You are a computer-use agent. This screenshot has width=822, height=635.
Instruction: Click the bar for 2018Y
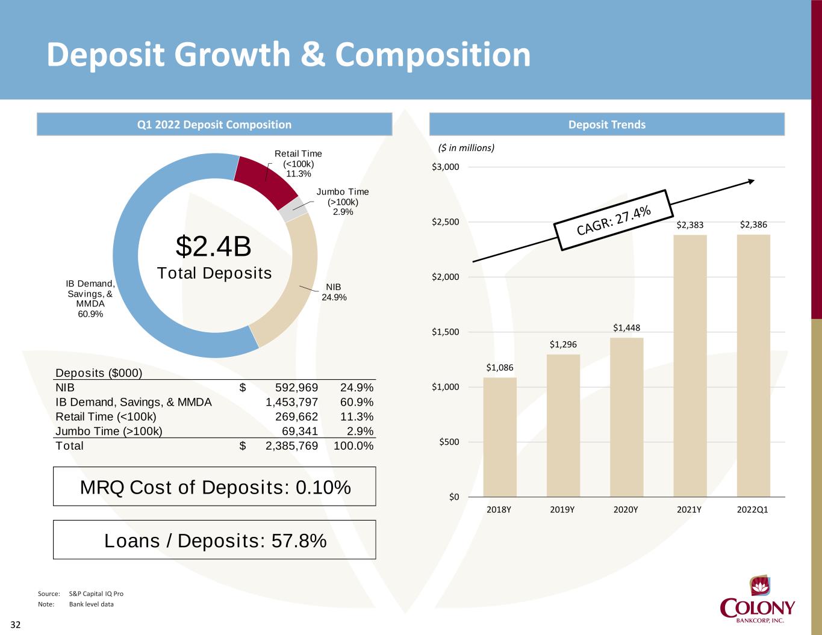(x=499, y=437)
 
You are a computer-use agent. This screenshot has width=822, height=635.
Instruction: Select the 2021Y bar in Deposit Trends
(x=690, y=365)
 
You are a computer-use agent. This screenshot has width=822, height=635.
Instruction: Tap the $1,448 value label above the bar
(x=626, y=328)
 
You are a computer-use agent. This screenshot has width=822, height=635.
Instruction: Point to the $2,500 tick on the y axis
(x=446, y=222)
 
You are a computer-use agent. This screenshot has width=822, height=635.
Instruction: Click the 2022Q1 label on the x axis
(x=753, y=509)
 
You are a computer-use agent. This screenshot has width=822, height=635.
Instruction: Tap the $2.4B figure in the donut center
(x=213, y=246)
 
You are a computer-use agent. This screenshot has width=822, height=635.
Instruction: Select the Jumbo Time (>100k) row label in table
(x=109, y=431)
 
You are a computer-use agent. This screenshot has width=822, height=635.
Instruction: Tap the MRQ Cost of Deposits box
(x=214, y=486)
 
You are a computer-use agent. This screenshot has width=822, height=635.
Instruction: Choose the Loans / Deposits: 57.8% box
(x=214, y=540)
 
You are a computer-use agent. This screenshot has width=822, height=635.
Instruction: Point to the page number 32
(x=16, y=625)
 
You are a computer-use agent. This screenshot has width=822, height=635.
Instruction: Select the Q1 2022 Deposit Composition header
(x=214, y=125)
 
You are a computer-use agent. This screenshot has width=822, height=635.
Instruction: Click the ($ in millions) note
(x=466, y=147)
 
